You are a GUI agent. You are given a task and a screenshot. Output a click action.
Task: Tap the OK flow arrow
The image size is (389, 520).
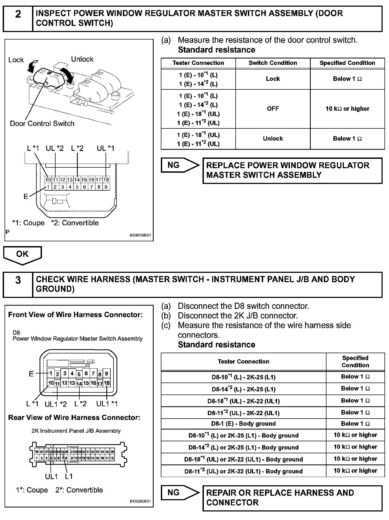[x=22, y=255]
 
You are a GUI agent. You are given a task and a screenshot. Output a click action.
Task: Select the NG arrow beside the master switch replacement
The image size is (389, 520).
[x=180, y=166]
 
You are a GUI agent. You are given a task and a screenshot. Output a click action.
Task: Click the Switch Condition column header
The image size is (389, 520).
[x=273, y=63]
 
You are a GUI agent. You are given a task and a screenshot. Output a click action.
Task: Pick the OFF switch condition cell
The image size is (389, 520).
[x=273, y=109]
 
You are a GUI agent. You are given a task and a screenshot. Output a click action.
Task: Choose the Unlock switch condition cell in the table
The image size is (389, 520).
[x=273, y=139]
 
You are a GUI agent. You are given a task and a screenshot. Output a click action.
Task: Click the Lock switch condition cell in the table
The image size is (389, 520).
[x=273, y=79]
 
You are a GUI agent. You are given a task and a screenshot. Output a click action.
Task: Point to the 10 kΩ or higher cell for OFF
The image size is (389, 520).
[x=347, y=109]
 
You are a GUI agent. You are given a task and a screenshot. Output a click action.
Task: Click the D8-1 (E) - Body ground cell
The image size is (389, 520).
[x=243, y=424]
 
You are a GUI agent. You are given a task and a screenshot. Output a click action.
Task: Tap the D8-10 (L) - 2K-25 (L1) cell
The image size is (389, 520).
[x=243, y=377]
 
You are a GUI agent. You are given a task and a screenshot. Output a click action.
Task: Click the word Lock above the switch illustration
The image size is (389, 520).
[x=16, y=60]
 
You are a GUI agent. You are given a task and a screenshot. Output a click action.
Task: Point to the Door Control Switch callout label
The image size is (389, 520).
[x=42, y=124]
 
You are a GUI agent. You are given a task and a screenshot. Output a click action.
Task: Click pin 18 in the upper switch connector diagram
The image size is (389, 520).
[x=106, y=180]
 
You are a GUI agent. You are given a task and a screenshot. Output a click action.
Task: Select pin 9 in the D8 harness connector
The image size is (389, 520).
[x=106, y=374]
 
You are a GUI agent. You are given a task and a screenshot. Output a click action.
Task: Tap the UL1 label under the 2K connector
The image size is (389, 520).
[x=51, y=476]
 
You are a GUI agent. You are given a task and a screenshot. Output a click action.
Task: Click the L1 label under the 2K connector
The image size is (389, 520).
[x=69, y=476]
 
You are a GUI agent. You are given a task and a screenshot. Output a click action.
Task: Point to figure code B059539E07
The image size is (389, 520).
[x=140, y=235]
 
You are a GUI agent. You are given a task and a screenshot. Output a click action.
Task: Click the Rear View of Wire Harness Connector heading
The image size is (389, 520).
[x=74, y=418]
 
